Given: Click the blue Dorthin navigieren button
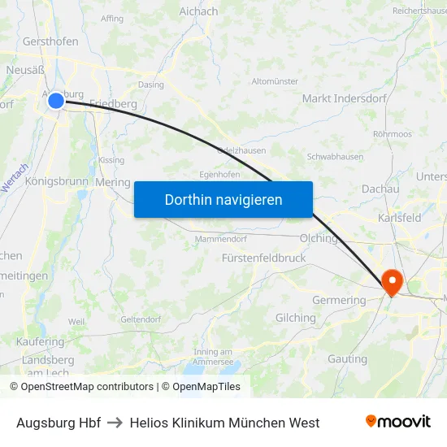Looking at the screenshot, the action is pos(223,199).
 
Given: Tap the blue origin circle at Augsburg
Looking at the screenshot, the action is pos(55,101).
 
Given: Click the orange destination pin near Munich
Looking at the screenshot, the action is pos(392,282).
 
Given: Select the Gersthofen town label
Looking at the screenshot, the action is pos(51,41).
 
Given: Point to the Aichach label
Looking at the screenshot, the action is pos(198,11).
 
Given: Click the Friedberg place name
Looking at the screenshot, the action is pos(113,103).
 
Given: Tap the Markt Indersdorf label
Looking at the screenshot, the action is pos(338,98).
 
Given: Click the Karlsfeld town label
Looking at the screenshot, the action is pos(399,219).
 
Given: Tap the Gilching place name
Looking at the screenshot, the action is pos(296,318).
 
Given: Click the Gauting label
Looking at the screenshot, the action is pos(347,358).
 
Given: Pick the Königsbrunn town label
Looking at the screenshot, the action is pos(56,181).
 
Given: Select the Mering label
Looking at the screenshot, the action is pos(112,182).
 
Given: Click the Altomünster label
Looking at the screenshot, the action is pos(276,81).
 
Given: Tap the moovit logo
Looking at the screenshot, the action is pos(398,422).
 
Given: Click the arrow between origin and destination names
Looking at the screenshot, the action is pos(115,423).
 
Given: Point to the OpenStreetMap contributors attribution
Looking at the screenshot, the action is pos(81,387).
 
